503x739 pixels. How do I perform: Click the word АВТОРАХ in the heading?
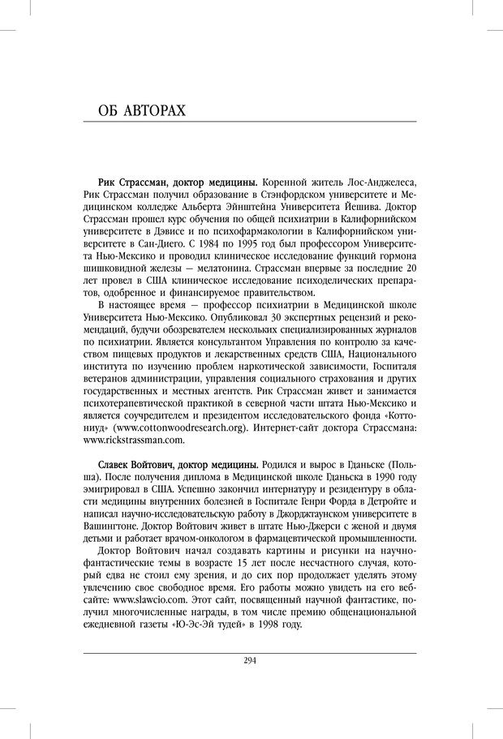coord(153,110)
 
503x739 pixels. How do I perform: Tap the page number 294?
coord(250,661)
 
